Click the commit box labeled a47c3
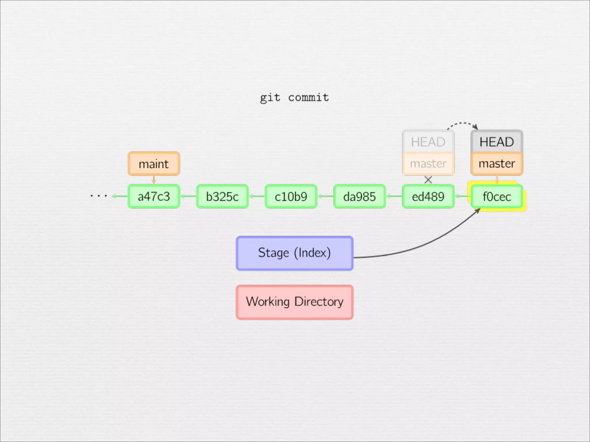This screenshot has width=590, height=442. (154, 197)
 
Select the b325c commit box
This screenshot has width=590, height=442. (222, 197)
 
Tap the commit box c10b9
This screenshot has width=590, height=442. (291, 197)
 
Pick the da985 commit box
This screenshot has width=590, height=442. (359, 197)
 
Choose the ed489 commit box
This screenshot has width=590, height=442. (428, 197)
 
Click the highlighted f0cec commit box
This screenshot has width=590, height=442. (497, 197)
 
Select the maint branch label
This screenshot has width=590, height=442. (154, 164)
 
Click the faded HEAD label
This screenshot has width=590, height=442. (428, 142)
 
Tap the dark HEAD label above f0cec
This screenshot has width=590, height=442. (497, 142)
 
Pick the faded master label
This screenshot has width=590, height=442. (428, 164)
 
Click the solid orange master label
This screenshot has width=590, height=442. (497, 164)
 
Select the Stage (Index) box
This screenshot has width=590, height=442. (294, 253)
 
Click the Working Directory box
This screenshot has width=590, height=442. (294, 302)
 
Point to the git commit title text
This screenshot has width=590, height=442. (294, 98)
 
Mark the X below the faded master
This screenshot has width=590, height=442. (428, 180)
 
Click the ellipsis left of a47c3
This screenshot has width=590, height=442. (99, 196)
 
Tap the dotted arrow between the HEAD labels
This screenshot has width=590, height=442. (462, 123)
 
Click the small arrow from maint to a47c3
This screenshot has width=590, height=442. (154, 180)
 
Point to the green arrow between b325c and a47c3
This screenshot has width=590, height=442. (188, 197)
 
